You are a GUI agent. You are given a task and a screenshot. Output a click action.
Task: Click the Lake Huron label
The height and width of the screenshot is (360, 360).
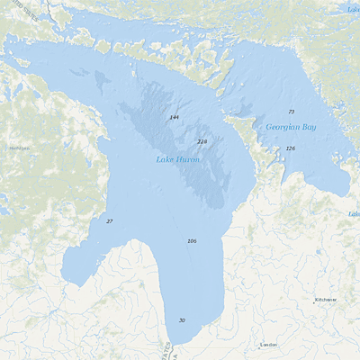pos(176,159)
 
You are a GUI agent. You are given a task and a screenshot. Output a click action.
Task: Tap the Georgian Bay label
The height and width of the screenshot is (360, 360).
pos(292,128)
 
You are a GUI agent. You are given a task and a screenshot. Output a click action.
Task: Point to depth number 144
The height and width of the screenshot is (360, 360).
pos(174,118)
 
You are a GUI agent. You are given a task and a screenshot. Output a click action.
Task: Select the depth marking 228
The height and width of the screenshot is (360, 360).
pos(202,141)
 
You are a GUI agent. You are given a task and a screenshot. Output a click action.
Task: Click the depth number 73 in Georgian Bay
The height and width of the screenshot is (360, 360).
pos(291,112)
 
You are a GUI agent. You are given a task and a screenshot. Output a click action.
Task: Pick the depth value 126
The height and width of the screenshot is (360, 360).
pos(290,148)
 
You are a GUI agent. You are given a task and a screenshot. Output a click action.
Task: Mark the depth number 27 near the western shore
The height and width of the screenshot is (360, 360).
pos(110,220)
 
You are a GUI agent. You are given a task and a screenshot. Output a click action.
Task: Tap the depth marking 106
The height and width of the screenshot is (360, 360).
pos(192,241)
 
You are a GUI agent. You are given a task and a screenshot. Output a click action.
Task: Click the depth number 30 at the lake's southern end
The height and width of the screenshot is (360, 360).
pos(182,320)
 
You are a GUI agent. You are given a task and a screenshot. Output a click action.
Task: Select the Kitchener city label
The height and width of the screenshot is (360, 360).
pos(326,300)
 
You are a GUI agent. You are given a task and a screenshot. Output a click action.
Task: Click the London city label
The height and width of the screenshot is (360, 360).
pos(268,345)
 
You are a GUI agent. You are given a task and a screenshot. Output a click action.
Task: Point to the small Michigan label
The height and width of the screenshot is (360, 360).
pos(18,148)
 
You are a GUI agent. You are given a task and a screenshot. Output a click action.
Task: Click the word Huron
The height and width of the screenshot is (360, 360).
pos(187,159)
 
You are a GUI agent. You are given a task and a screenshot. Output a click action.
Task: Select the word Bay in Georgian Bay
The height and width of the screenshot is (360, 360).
pos(309,128)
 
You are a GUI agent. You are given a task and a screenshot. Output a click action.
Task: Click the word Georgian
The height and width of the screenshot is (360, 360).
pos(283,128)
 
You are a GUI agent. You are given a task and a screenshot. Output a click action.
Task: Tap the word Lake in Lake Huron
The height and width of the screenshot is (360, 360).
pos(164,159)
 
